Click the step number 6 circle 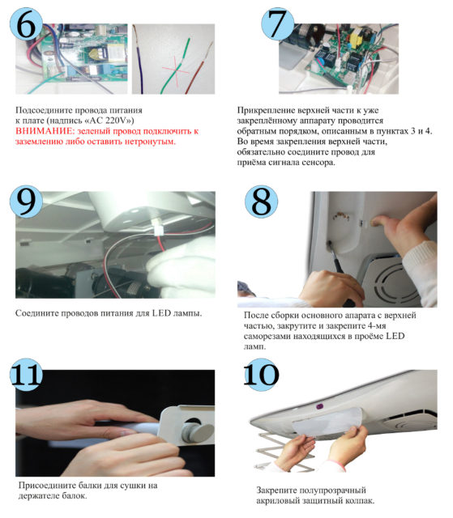26,23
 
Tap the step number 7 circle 277,23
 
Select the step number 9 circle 26,202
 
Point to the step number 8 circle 261,202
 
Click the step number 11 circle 26,374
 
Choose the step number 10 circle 261,374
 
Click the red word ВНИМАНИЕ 45,131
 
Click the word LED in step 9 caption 161,313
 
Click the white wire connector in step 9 159,228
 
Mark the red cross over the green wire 175,70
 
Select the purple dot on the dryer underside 319,406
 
